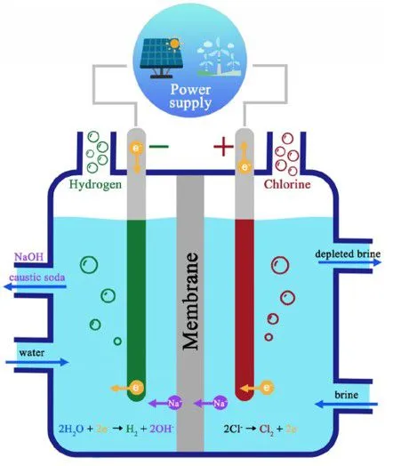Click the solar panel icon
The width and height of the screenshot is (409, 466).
click(x=162, y=58)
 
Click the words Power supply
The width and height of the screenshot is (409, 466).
click(x=190, y=96)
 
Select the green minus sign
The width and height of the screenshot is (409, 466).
click(x=159, y=146)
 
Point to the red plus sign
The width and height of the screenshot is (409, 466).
click(x=223, y=146)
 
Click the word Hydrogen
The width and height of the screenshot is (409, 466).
click(x=95, y=184)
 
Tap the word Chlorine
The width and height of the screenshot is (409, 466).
click(x=287, y=184)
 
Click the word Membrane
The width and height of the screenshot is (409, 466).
click(x=190, y=301)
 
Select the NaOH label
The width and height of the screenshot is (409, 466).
click(x=28, y=256)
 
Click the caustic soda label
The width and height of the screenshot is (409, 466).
click(x=37, y=277)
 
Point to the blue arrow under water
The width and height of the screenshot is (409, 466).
click(x=37, y=362)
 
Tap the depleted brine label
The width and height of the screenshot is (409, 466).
click(x=348, y=253)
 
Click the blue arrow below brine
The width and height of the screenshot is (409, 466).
click(x=346, y=404)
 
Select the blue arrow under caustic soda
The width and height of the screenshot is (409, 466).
click(x=35, y=286)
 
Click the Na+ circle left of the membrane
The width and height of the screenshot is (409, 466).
click(x=175, y=403)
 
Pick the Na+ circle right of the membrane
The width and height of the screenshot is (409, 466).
click(x=221, y=403)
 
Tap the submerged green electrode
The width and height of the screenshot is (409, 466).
click(x=136, y=310)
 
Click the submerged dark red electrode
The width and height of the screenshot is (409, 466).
click(x=245, y=310)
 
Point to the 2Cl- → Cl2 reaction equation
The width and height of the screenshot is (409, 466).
click(x=261, y=429)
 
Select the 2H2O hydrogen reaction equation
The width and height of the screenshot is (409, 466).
click(x=116, y=429)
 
